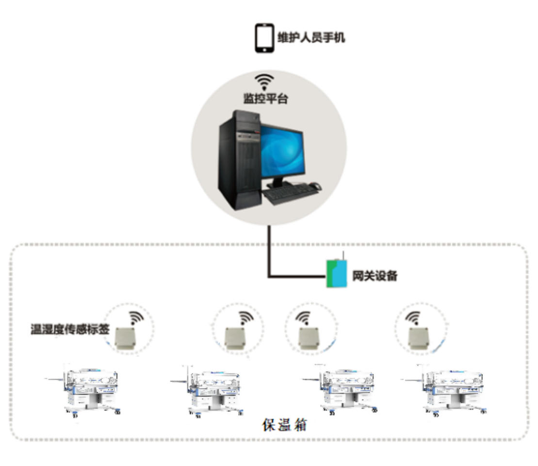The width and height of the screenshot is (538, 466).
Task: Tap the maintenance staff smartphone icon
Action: pyautogui.click(x=264, y=38)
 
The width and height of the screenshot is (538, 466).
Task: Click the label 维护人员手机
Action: pyautogui.click(x=311, y=37)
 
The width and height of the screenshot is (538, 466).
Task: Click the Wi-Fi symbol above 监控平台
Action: pyautogui.click(x=264, y=82)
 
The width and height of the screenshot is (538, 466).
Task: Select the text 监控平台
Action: pyautogui.click(x=265, y=99)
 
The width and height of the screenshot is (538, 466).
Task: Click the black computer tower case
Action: pyautogui.click(x=239, y=160)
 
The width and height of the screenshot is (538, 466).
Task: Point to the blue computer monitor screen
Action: pyautogui.click(x=282, y=150)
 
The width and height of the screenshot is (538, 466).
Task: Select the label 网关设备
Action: pyautogui.click(x=375, y=276)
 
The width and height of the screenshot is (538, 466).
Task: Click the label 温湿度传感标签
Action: pyautogui.click(x=70, y=329)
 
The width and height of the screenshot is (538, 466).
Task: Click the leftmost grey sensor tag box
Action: pyautogui.click(x=125, y=338)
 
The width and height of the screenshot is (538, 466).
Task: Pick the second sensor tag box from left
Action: pyautogui.click(x=235, y=338)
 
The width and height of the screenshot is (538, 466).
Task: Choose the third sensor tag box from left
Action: pyautogui.click(x=309, y=338)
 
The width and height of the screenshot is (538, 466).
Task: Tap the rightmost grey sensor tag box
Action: pyautogui.click(x=418, y=338)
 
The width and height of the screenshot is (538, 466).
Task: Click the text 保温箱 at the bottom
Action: pyautogui.click(x=284, y=425)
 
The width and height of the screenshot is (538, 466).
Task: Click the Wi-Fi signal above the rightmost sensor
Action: pyautogui.click(x=413, y=318)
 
